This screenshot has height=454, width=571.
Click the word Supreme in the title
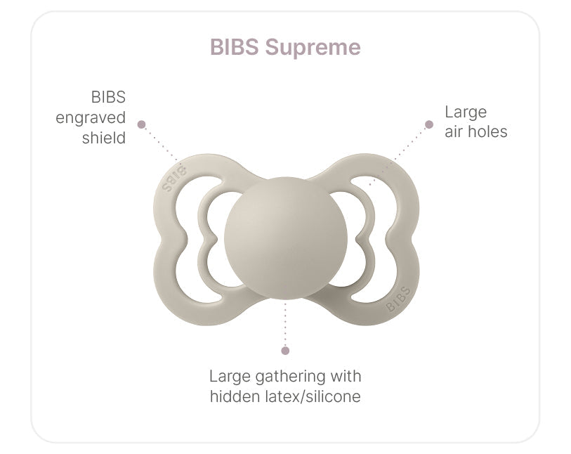(x=313, y=48)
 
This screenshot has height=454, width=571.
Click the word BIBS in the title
(x=235, y=47)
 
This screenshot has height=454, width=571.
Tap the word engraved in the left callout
(x=91, y=118)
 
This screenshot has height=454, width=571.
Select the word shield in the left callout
(x=104, y=138)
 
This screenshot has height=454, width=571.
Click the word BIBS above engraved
(x=108, y=97)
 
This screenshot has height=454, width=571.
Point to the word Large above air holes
(x=466, y=112)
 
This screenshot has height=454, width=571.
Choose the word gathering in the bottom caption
(x=291, y=377)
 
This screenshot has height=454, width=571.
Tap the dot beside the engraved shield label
(x=142, y=124)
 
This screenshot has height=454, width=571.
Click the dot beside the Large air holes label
(x=429, y=124)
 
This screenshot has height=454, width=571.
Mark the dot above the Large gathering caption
(x=285, y=351)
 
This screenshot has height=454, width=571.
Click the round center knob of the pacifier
(x=286, y=238)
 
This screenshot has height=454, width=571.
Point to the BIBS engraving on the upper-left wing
(x=173, y=179)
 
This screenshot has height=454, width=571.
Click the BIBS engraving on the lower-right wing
(x=398, y=299)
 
